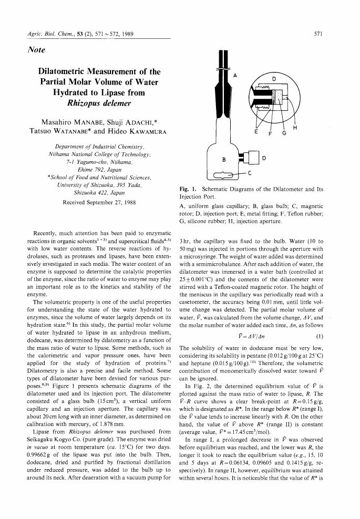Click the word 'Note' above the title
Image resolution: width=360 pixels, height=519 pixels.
coord(36,50)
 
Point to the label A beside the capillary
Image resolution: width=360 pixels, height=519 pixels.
coord(235,75)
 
